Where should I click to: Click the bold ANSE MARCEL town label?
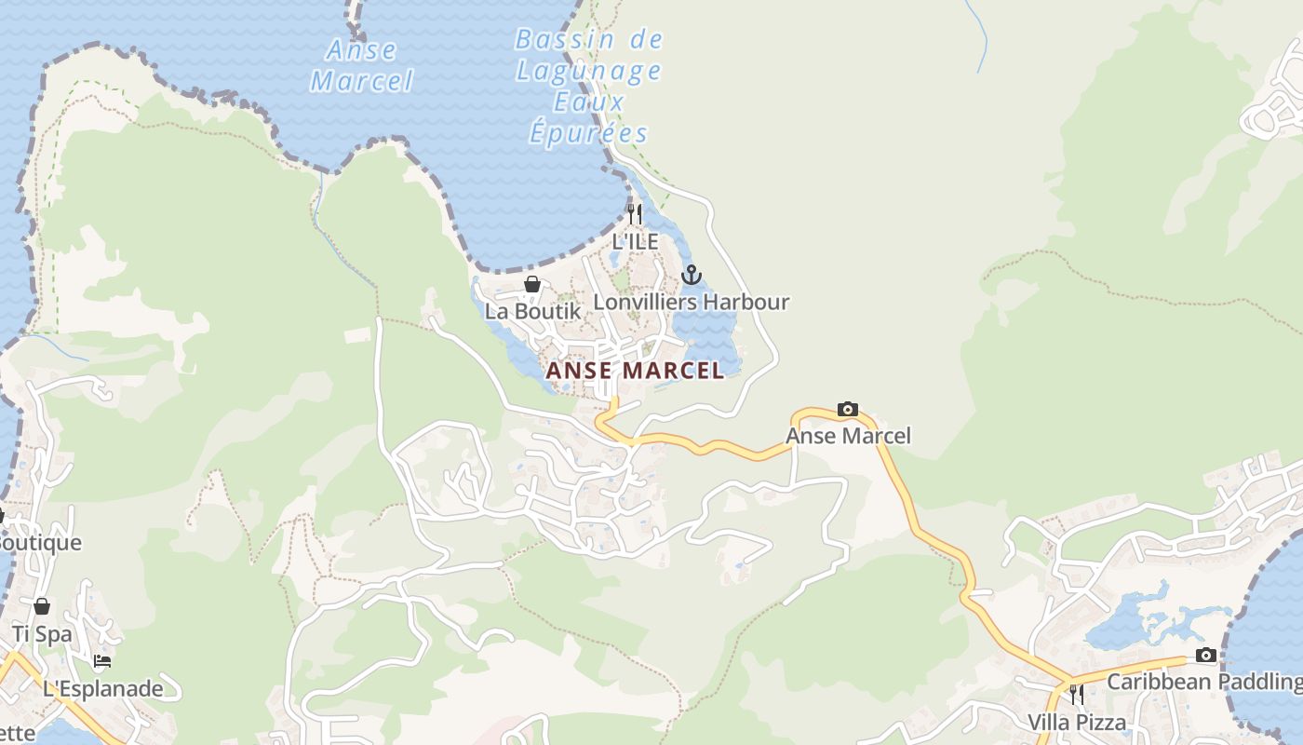coord(635,371)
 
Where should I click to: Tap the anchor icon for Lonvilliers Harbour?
coord(691,275)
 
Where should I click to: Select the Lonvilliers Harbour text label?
coord(691,302)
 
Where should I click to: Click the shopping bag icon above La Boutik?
coord(532,284)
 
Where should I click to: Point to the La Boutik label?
coord(532,312)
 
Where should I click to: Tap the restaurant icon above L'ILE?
coord(635,214)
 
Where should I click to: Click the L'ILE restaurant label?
coord(635,242)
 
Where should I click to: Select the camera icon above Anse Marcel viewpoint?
coord(848,409)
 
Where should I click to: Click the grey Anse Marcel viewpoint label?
coord(848,436)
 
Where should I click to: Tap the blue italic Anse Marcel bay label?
coord(361,65)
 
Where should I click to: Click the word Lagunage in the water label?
coord(589,70)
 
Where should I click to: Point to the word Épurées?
coord(589,133)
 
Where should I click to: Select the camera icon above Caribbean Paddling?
coord(1206,655)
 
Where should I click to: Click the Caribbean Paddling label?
coord(1203,682)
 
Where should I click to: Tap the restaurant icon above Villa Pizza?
coord(1077,695)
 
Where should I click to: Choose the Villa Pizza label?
coord(1077,722)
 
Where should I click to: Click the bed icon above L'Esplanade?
coord(102,661)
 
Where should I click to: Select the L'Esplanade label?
coord(102,689)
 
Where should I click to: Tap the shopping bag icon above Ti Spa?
coord(42,607)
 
